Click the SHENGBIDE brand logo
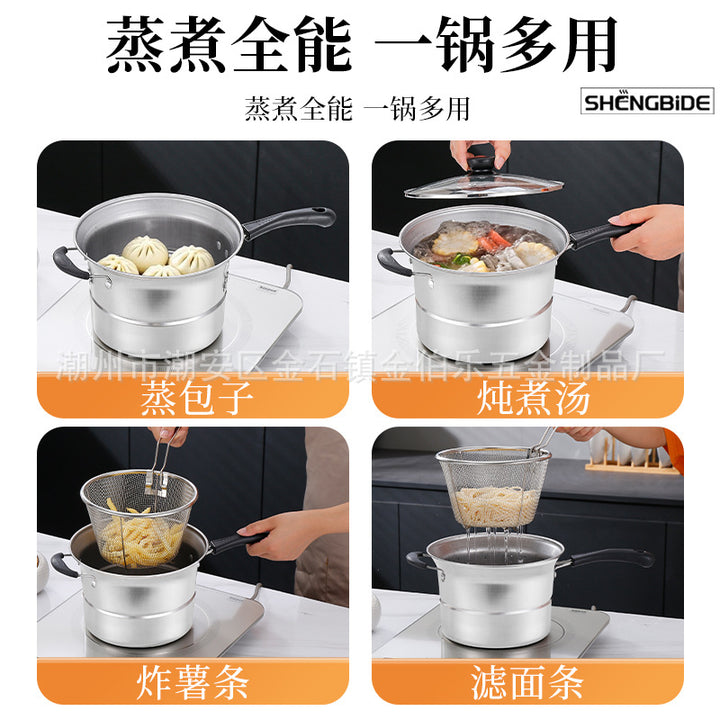coord(647,101)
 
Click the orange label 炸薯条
coord(192,681)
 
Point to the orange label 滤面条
coord(527,681)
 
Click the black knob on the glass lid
coord(481,163)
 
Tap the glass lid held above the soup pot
coord(484,184)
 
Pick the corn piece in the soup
coord(449,242)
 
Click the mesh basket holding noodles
coord(494,486)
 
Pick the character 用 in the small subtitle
coord(455,109)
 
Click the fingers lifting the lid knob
coord(480,153)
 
